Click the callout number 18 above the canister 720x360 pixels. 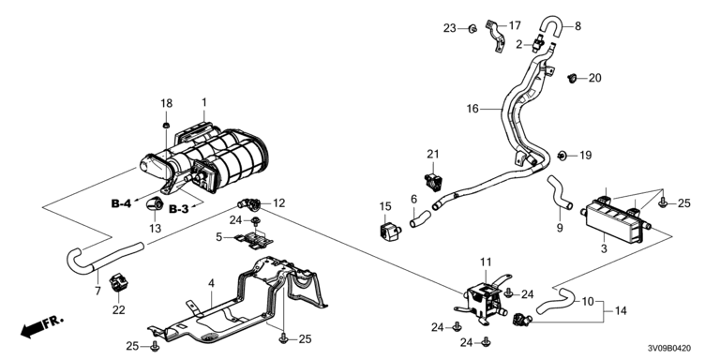(x=166, y=103)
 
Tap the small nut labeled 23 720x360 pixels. (x=472, y=29)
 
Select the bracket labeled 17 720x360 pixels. (x=495, y=35)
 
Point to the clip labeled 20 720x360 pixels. (x=572, y=78)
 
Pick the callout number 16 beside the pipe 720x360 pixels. (x=472, y=109)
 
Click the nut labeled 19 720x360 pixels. (x=562, y=156)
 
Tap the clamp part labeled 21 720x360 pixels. (x=432, y=182)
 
